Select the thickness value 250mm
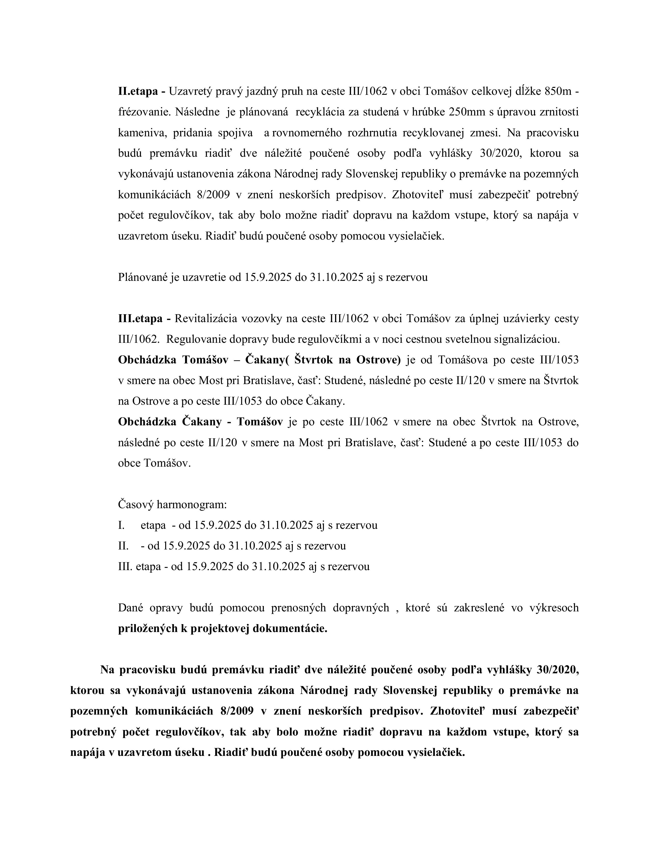click(x=467, y=112)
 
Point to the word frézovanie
click(x=144, y=112)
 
